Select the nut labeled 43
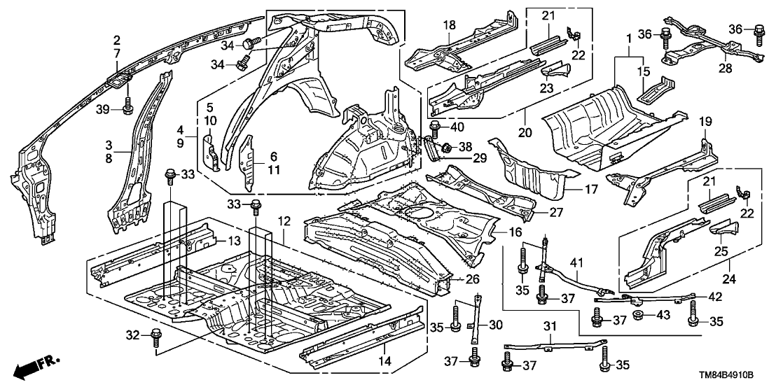click(639, 317)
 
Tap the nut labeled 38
click(445, 148)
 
